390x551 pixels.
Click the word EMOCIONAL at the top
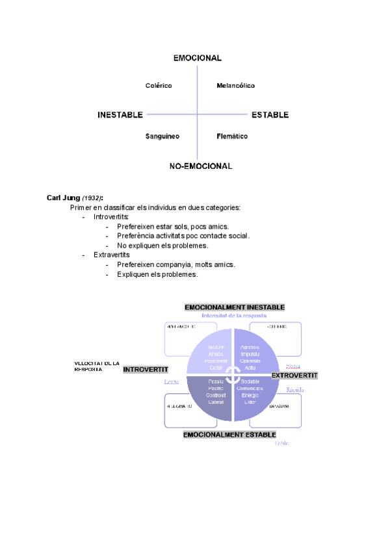[197, 58]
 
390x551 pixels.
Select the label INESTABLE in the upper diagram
[120, 115]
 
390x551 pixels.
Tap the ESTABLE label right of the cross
[270, 115]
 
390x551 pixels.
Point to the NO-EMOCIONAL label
[201, 166]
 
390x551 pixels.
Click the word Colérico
[159, 86]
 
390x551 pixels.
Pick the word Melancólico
[235, 86]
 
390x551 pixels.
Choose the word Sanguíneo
[162, 136]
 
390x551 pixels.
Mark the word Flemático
[232, 136]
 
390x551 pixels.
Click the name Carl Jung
[62, 198]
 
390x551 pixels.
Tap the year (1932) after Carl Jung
[92, 198]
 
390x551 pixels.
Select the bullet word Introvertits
[111, 217]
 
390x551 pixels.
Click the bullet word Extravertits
[112, 255]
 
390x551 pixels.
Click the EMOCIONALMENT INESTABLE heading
[235, 307]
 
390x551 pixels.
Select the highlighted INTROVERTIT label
[146, 370]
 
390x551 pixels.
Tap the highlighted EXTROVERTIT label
[294, 376]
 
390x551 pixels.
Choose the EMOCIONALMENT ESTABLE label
[230, 435]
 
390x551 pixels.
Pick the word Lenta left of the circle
[172, 382]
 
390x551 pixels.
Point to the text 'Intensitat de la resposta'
[234, 315]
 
